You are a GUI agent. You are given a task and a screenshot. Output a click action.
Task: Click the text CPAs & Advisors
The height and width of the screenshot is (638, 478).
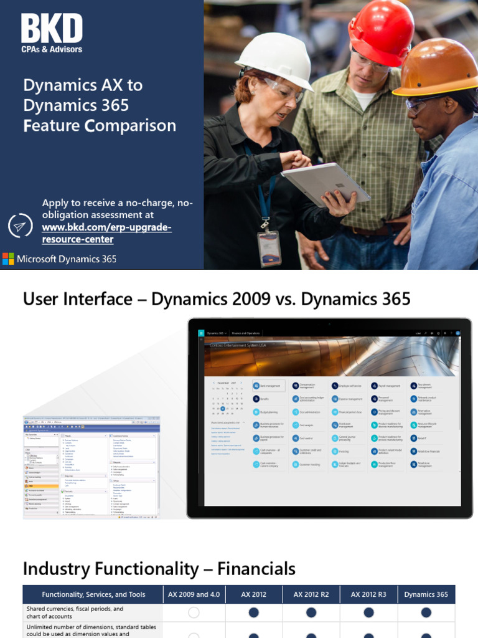(52, 49)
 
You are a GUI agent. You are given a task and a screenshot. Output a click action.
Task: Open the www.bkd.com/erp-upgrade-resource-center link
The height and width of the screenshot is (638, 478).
(106, 233)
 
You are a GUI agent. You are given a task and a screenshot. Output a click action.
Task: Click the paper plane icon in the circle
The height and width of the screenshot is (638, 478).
(20, 226)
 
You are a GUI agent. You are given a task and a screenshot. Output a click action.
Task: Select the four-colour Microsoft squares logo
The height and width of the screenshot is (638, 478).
(8, 259)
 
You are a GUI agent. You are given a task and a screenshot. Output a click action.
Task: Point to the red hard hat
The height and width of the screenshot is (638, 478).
(382, 31)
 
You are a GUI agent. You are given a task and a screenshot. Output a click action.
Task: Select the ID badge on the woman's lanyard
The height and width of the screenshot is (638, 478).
(269, 247)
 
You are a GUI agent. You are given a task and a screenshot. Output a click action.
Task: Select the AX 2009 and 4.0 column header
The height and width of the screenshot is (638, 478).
(194, 594)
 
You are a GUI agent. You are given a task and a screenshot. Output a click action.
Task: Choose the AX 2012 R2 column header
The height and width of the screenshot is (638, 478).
(311, 594)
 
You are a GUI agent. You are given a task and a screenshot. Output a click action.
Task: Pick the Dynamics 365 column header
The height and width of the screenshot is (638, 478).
(426, 594)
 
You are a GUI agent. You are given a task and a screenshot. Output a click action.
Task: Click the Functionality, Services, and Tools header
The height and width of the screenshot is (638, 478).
(93, 594)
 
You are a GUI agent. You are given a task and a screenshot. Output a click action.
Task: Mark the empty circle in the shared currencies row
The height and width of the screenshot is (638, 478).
(194, 612)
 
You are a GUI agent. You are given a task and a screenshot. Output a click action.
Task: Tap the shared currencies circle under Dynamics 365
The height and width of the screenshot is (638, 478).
(426, 612)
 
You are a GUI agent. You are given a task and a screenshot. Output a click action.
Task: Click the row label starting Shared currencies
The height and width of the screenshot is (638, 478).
(75, 612)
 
